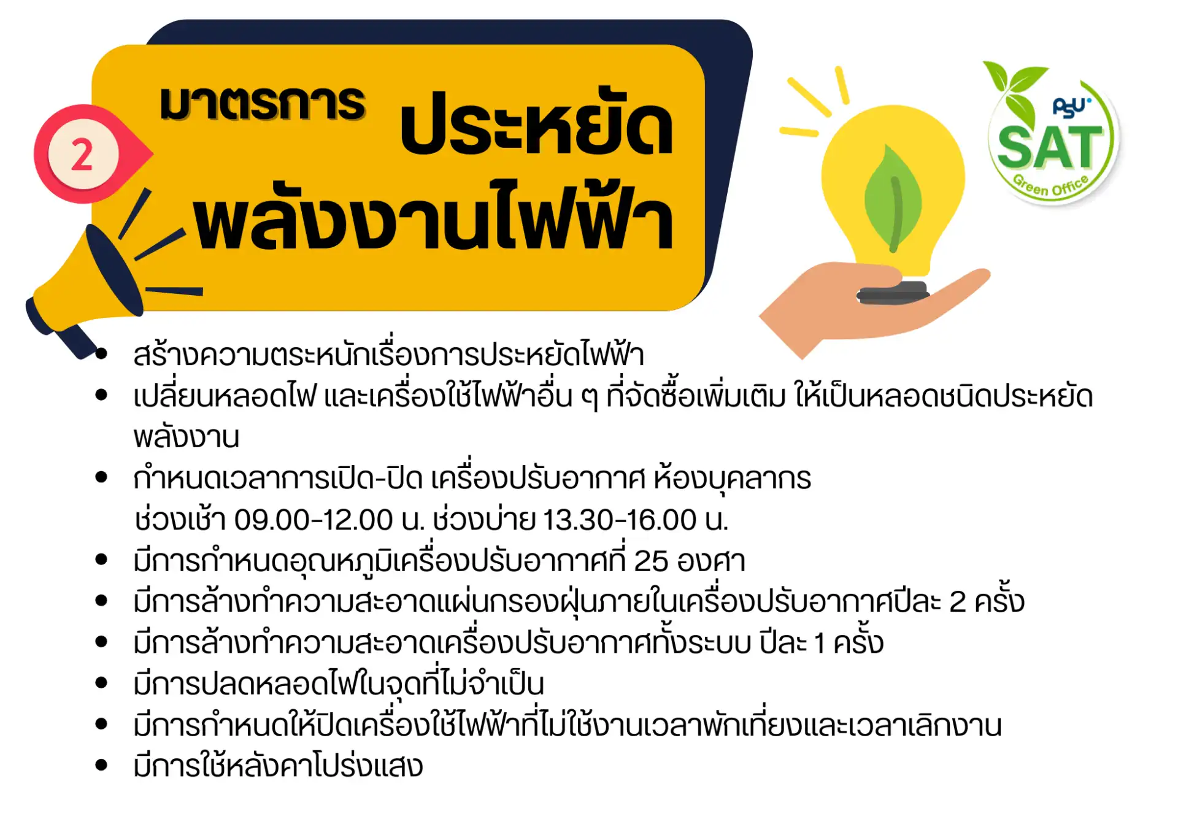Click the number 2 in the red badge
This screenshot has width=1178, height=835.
82,154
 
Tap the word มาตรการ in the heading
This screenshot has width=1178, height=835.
263,103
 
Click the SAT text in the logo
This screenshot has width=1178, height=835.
1050,147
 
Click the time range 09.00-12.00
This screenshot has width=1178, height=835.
314,520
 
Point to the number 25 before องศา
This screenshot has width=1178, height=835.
650,561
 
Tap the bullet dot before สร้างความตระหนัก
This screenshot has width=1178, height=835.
102,353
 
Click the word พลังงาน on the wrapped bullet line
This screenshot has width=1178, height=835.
187,437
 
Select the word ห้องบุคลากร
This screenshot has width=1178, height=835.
732,479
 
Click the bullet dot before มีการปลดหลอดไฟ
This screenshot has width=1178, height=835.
102,683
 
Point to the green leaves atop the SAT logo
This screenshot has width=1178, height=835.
1014,89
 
